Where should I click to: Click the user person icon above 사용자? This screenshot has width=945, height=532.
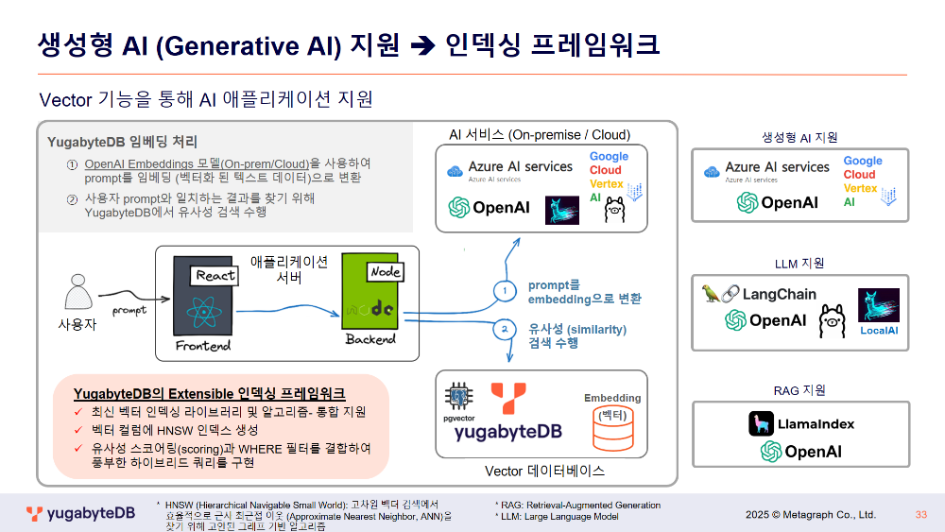[x=77, y=292]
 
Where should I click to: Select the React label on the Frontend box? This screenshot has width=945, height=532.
[x=215, y=275]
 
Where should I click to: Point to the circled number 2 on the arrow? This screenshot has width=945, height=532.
[x=505, y=328]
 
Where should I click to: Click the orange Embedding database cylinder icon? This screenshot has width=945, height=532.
[x=611, y=430]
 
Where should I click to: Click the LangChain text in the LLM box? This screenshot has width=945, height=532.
[x=779, y=294]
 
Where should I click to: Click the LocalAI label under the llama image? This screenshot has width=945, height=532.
[x=878, y=331]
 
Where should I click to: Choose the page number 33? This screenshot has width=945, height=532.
[x=920, y=515]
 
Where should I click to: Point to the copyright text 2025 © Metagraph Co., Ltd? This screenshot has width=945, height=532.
[x=811, y=515]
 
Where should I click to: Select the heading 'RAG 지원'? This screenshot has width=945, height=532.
[x=799, y=389]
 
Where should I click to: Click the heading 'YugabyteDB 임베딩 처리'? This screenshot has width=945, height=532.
[x=122, y=142]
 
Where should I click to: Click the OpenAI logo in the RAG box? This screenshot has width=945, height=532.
[x=800, y=452]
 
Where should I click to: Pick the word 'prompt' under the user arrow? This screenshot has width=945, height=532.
[x=129, y=309]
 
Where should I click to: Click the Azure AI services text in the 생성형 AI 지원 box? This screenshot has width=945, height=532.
[x=777, y=167]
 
